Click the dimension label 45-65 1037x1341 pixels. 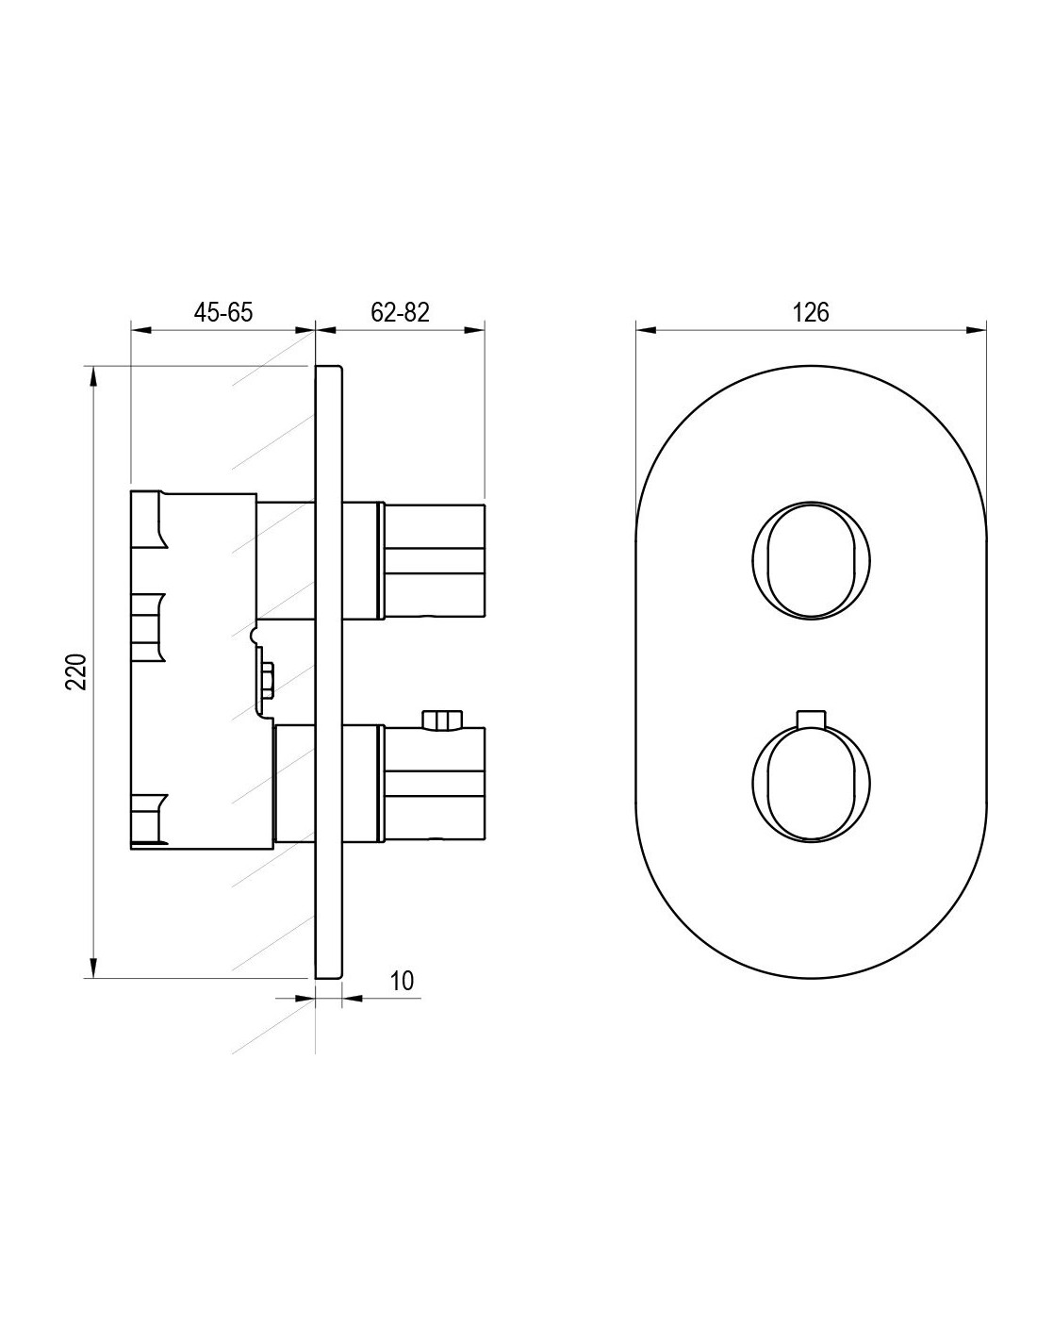pos(223,313)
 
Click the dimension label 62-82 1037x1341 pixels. pos(400,313)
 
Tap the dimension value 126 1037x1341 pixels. pos(811,313)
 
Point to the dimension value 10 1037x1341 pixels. pos(403,981)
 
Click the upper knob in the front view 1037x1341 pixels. pos(811,560)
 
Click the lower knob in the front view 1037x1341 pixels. pos(811,784)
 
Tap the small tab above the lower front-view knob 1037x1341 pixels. pos(811,719)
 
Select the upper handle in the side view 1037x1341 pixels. pos(434,560)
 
